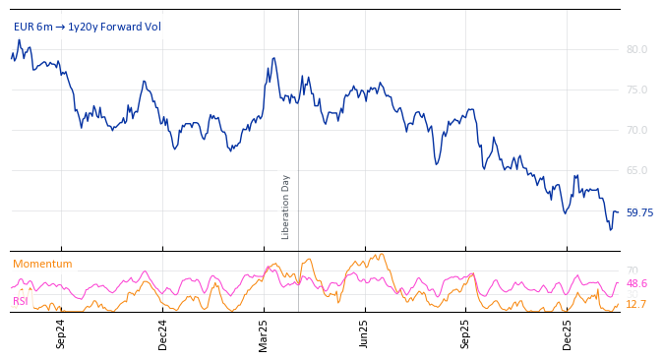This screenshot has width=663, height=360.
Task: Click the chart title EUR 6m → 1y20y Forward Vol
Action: (x=88, y=28)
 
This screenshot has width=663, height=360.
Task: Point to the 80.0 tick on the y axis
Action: (x=636, y=49)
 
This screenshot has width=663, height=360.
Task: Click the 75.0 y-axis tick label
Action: (x=636, y=90)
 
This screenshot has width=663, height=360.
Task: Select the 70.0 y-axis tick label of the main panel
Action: (x=636, y=130)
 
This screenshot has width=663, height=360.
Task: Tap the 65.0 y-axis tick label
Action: (x=636, y=170)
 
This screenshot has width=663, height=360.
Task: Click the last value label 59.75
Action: (x=639, y=212)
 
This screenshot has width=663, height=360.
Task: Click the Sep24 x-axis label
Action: (x=61, y=333)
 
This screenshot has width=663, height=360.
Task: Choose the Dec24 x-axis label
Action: (x=163, y=333)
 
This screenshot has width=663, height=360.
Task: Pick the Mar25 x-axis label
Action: (x=264, y=333)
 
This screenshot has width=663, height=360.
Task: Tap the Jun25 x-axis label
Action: (x=365, y=333)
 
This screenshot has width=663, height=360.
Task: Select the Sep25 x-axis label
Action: (x=466, y=333)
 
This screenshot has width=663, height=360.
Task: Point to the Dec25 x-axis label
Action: (x=568, y=333)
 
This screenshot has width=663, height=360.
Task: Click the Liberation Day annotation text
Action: (x=286, y=207)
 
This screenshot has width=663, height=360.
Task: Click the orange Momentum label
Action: (x=42, y=265)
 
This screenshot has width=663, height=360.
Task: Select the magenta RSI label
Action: (x=21, y=301)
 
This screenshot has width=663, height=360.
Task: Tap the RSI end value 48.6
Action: (x=636, y=283)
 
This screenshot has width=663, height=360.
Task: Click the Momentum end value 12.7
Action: (x=636, y=305)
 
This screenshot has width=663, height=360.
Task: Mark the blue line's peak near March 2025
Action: (x=274, y=58)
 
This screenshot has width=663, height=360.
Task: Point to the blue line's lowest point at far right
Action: (x=610, y=230)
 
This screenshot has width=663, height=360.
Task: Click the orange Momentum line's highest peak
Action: (x=381, y=254)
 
